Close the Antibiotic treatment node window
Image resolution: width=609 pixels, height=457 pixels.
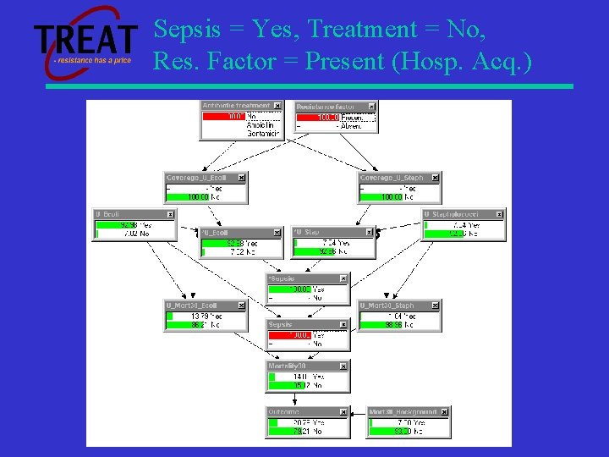coord(277,106)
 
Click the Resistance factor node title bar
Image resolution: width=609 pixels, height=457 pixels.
coord(329,107)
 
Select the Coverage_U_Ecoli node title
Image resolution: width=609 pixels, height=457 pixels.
coord(200,178)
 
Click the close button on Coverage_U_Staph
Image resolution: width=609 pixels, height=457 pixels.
coord(435,178)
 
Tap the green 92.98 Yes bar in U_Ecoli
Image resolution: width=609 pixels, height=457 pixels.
coord(115,225)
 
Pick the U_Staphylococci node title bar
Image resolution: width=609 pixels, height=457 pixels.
coord(457,215)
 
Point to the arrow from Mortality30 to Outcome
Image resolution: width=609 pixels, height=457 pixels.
coord(306,399)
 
